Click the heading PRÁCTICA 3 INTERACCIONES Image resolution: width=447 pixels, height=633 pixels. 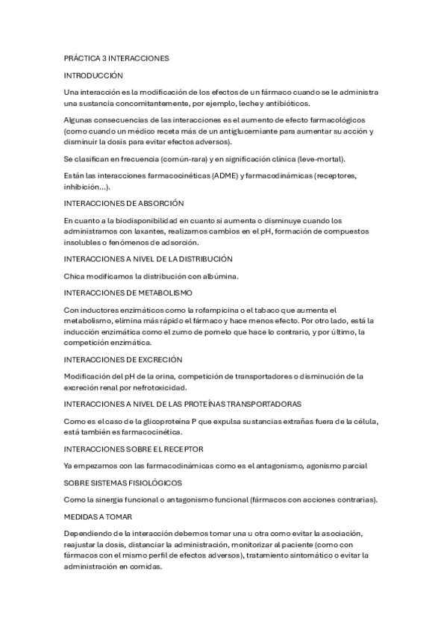(x=117, y=57)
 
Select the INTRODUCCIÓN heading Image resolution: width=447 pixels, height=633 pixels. (x=93, y=75)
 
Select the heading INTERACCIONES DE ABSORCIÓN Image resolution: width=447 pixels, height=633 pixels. (x=124, y=203)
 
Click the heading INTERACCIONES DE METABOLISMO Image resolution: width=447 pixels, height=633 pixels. (x=128, y=293)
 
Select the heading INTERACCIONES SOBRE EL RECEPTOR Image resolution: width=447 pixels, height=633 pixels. (x=134, y=449)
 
